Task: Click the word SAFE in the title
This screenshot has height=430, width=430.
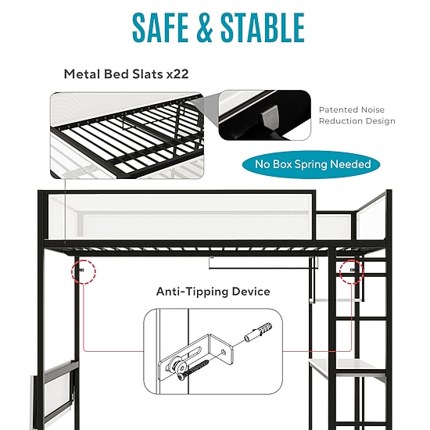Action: point(160,27)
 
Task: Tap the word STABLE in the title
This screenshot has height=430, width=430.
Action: point(263,27)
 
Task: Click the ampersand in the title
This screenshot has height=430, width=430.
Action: point(205,27)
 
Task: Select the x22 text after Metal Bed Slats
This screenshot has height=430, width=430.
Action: point(177,74)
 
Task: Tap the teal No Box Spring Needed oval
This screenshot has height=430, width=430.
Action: point(311,164)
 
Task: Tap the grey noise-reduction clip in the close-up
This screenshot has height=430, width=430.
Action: point(269,116)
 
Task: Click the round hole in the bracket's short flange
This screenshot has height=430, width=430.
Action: point(224,352)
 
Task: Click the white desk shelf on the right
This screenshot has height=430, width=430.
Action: point(347,365)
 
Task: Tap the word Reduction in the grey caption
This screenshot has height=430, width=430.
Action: point(339,121)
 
